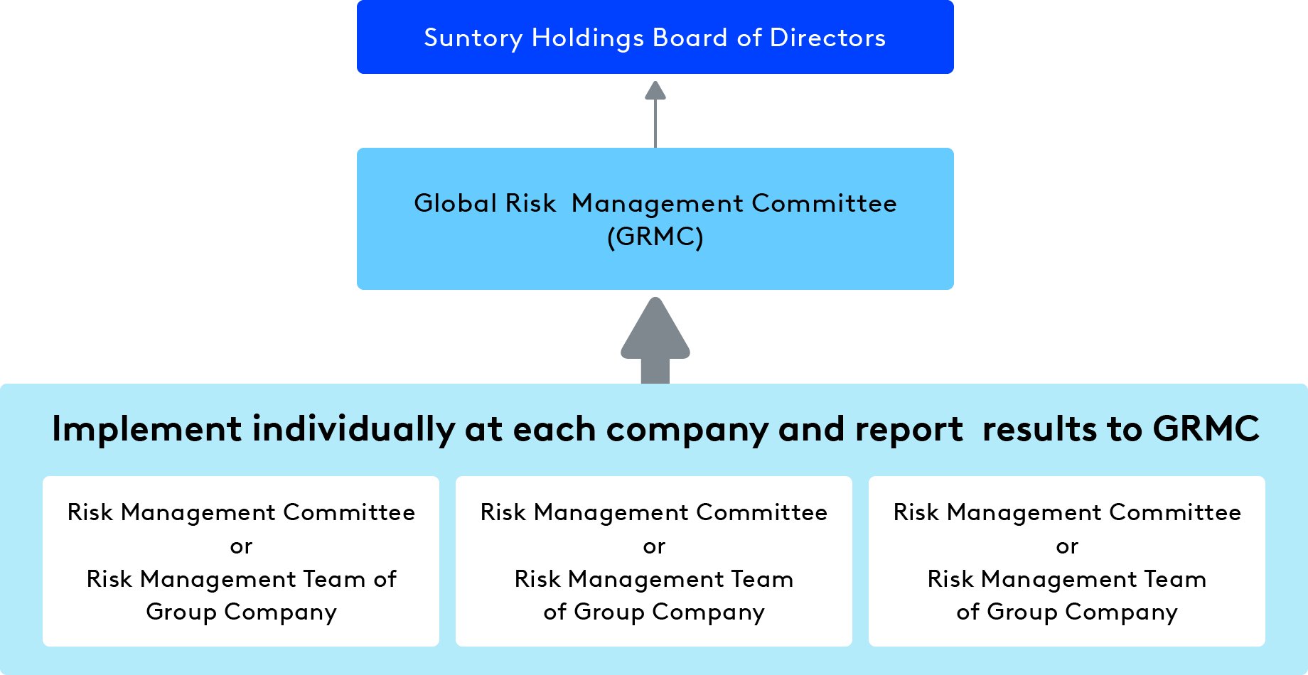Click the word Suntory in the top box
473,38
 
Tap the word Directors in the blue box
827,38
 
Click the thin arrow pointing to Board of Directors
655,114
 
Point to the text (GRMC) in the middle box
655,237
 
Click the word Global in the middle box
455,203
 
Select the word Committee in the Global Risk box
824,203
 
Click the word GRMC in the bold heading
1206,429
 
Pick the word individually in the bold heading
353,429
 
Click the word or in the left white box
241,546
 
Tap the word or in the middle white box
654,546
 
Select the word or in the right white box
1067,546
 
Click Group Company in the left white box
241,612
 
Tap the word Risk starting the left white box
90,512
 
